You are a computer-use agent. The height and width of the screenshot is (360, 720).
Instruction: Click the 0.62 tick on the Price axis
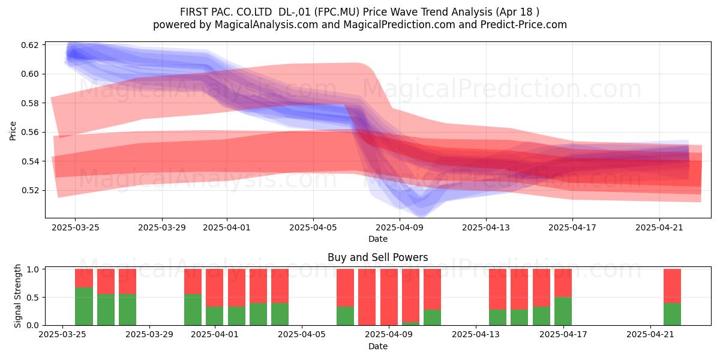click(x=29, y=45)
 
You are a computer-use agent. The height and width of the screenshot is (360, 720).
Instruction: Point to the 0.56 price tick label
click(x=29, y=132)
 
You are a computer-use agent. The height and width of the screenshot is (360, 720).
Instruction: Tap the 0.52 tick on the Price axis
click(x=29, y=190)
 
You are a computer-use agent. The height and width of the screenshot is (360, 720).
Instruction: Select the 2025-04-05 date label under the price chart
click(x=313, y=227)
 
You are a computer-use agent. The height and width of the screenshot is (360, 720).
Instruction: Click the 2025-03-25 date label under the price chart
click(x=76, y=227)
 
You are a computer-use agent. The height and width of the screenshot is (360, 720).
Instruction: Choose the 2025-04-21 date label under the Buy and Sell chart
click(x=650, y=335)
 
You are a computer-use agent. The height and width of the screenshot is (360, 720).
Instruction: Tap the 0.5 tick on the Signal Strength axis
click(x=34, y=298)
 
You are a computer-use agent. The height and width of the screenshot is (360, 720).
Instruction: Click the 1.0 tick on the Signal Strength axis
click(x=34, y=269)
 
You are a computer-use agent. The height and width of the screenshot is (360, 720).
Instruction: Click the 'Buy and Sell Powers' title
click(x=377, y=257)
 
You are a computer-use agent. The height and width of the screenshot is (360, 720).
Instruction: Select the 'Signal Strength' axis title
click(x=17, y=296)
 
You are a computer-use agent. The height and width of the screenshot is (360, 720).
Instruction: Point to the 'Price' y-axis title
click(x=13, y=131)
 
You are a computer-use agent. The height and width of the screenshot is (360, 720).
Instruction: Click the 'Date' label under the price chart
click(x=377, y=239)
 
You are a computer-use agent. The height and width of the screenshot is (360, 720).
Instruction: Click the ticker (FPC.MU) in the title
click(x=337, y=12)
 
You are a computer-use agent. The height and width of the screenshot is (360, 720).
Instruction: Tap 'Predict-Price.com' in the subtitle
click(x=524, y=25)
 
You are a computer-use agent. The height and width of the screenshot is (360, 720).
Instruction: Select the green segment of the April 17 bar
click(x=563, y=311)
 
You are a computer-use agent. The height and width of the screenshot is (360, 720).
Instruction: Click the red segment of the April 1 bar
click(x=214, y=287)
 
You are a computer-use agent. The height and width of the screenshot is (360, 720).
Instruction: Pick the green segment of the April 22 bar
click(x=672, y=314)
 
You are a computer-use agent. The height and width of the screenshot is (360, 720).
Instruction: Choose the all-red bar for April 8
click(x=367, y=297)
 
